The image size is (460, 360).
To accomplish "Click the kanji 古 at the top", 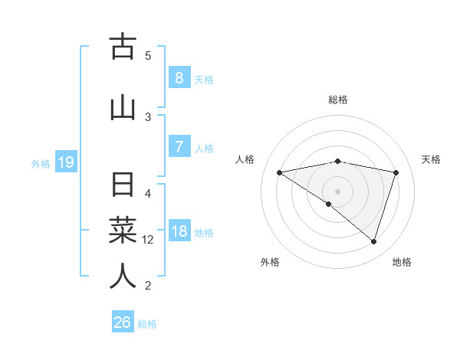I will click(122, 47).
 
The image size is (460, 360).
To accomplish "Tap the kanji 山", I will click(122, 107).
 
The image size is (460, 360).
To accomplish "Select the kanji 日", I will click(122, 185).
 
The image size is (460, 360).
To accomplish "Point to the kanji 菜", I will click(122, 231).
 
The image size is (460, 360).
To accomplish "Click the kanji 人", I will click(122, 276).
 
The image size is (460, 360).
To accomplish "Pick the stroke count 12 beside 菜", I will click(148, 240).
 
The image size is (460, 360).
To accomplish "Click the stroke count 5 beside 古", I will click(148, 55).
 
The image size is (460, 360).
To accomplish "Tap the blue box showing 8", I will click(179, 78).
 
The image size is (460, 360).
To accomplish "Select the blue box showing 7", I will click(179, 147).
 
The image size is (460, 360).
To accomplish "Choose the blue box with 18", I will click(179, 231).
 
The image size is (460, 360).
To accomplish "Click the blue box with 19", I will click(65, 162).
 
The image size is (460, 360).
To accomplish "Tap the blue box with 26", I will click(122, 322).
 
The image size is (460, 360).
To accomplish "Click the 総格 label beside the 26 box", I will click(147, 324).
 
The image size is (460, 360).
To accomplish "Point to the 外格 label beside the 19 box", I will click(41, 163).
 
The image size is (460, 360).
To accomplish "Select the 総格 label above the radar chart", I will click(337, 100).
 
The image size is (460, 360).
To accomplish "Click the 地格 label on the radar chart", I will click(402, 262).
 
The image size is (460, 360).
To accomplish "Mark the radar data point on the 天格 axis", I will click(396, 172).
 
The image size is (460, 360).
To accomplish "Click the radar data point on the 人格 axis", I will click(279, 172).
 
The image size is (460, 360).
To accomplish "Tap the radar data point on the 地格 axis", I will click(373, 241).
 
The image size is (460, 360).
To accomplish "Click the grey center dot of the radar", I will click(337, 191).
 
